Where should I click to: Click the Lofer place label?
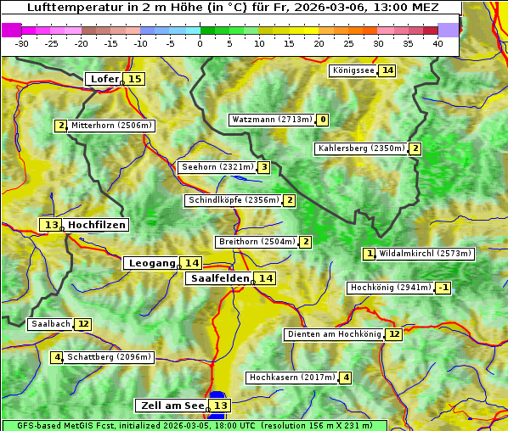[x=104, y=79]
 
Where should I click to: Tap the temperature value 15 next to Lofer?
[x=134, y=79]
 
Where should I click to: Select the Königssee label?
[x=353, y=70]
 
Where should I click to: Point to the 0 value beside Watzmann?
[x=323, y=120]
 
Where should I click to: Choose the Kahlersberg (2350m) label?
[x=361, y=148]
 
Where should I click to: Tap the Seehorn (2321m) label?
[x=217, y=167]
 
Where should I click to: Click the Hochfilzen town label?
[x=97, y=225]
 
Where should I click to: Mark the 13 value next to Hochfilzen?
[x=51, y=225]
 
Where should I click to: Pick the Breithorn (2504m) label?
[x=257, y=242]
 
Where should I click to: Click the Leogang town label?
[x=151, y=263]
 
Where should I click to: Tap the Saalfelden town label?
[x=219, y=278]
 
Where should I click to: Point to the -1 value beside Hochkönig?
[x=443, y=288]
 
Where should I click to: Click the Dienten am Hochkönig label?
[x=334, y=334]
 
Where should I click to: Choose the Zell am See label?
[x=171, y=406]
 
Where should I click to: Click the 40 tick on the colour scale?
[x=437, y=43]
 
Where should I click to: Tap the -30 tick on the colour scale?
[x=22, y=43]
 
